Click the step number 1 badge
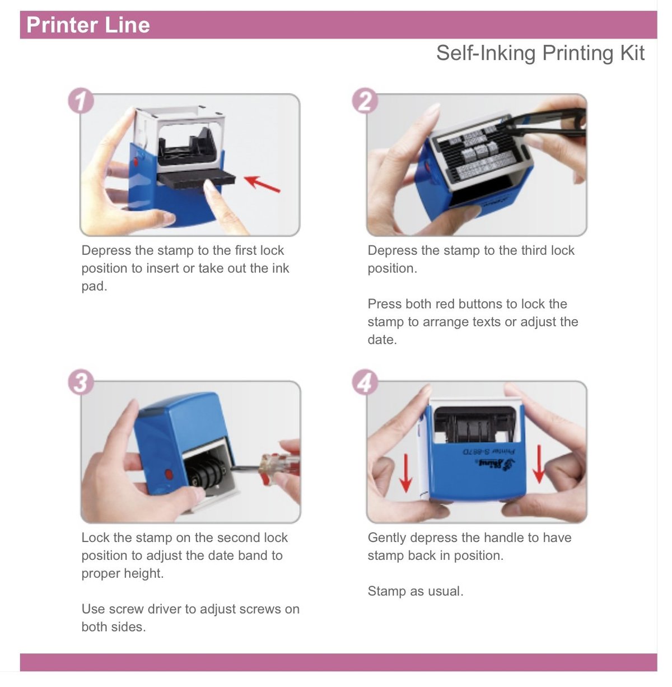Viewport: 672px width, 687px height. pyautogui.click(x=82, y=101)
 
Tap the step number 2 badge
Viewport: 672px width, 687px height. pyautogui.click(x=365, y=101)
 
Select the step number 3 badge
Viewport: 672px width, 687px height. pyautogui.click(x=81, y=383)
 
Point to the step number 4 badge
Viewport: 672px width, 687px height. pyautogui.click(x=365, y=383)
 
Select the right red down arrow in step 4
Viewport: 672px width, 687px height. pyautogui.click(x=538, y=464)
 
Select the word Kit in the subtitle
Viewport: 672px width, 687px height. pyautogui.click(x=632, y=53)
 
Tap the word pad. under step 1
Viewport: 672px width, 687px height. pyautogui.click(x=94, y=287)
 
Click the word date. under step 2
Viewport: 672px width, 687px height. pyautogui.click(x=382, y=340)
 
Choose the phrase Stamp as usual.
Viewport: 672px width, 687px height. pyautogui.click(x=415, y=591)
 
